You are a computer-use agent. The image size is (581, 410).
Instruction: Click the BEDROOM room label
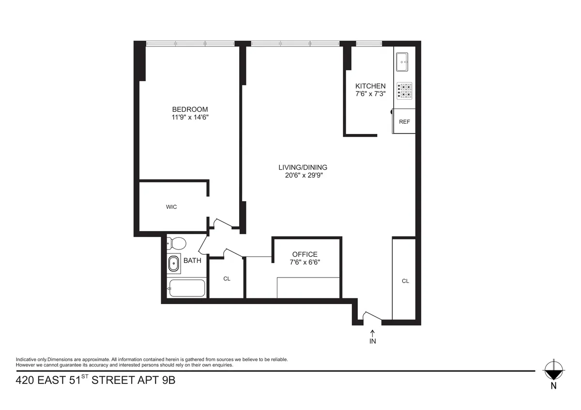pyautogui.click(x=190, y=109)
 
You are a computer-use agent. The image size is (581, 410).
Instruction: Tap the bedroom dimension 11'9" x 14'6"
pyautogui.click(x=190, y=117)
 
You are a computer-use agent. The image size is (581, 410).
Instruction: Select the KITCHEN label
pyautogui.click(x=370, y=86)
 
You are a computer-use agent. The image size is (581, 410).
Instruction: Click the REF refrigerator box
pyautogui.click(x=404, y=121)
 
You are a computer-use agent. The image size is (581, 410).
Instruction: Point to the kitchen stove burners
pyautogui.click(x=405, y=90)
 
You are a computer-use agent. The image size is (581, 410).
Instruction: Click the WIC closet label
pyautogui.click(x=171, y=207)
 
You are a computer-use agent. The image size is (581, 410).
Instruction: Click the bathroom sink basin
pyautogui.click(x=174, y=264)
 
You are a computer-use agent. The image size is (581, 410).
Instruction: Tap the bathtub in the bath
pyautogui.click(x=186, y=288)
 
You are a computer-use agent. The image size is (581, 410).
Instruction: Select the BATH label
pyautogui.click(x=192, y=261)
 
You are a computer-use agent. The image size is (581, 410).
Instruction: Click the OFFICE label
pyautogui.click(x=305, y=254)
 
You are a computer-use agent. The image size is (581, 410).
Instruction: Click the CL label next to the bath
pyautogui.click(x=227, y=279)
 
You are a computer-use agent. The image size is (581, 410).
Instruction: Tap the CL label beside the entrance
pyautogui.click(x=405, y=281)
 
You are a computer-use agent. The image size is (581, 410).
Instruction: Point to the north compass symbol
pyautogui.click(x=553, y=371)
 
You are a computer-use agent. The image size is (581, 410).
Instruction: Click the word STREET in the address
pyautogui.click(x=112, y=381)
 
